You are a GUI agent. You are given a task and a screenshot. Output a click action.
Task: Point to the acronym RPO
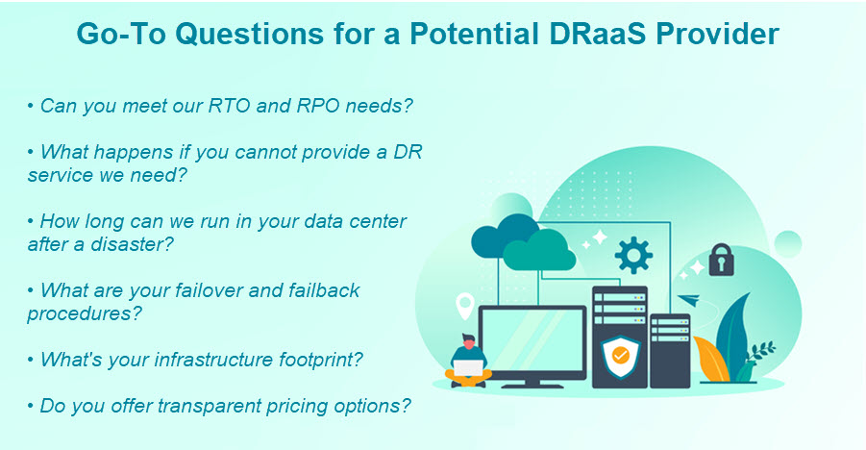pyautogui.click(x=318, y=106)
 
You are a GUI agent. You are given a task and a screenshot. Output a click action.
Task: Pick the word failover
pyautogui.click(x=210, y=290)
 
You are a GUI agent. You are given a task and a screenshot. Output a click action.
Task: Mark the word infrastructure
pyautogui.click(x=213, y=360)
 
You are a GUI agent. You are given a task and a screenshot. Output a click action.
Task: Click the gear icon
pyautogui.click(x=633, y=255)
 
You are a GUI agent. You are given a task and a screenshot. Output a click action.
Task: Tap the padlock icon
pyautogui.click(x=721, y=260)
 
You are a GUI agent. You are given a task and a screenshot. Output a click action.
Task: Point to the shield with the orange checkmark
pyautogui.click(x=620, y=356)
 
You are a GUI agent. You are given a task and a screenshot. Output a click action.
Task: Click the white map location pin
pyautogui.click(x=464, y=306)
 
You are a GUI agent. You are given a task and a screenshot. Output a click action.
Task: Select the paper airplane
pyautogui.click(x=689, y=300)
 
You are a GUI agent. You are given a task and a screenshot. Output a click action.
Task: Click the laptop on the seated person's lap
pyautogui.click(x=468, y=367)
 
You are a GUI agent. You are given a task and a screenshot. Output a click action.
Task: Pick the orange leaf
pyautogui.click(x=711, y=359)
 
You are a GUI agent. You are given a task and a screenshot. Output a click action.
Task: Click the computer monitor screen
pyautogui.click(x=533, y=341)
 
